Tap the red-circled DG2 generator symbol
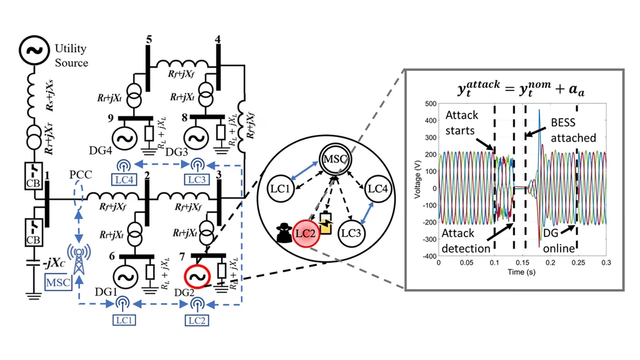(x=197, y=275)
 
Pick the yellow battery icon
(x=325, y=223)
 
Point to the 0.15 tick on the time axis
(x=522, y=262)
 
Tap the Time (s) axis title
(x=521, y=272)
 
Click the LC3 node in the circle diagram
(x=351, y=233)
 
